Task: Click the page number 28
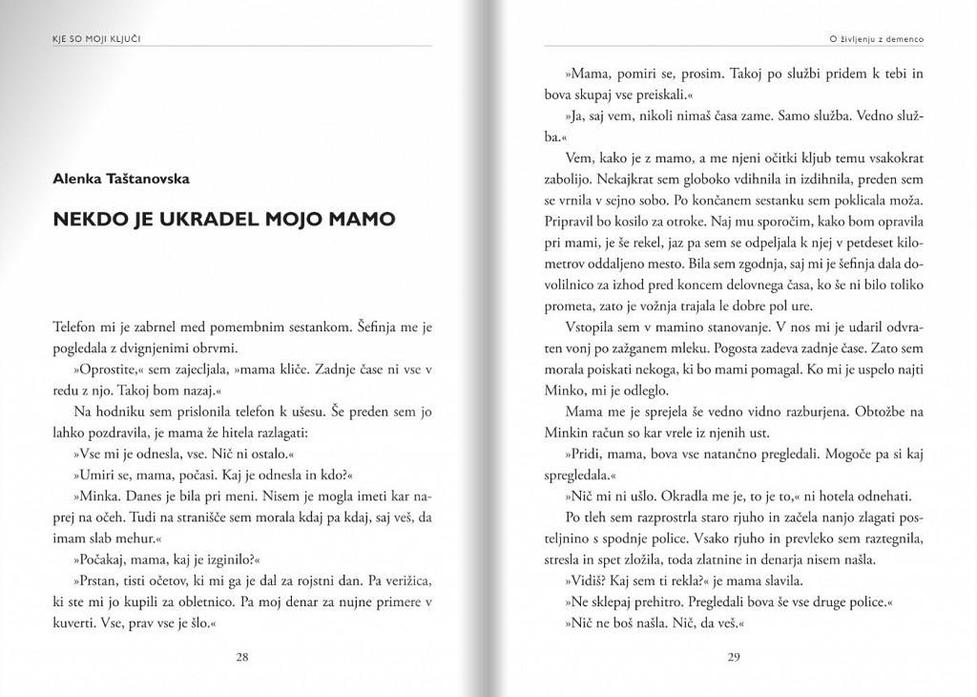(242, 657)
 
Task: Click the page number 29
(734, 657)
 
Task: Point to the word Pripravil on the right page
(568, 220)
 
